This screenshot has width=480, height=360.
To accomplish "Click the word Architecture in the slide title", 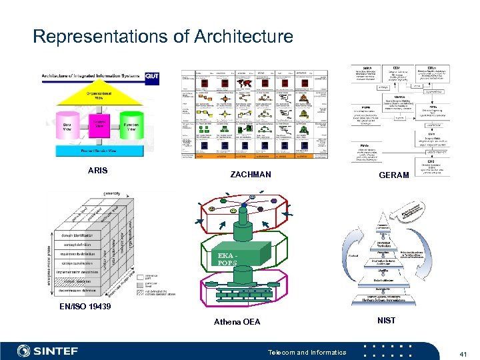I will (243, 36).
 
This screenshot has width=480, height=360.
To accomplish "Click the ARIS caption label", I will (97, 171).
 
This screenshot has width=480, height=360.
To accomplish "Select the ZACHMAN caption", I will (251, 175).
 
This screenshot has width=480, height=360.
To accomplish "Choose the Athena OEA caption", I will (237, 322).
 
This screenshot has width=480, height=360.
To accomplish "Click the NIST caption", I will (386, 321).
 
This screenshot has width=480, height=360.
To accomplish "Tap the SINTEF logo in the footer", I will (48, 351).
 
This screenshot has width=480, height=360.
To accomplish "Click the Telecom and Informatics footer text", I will (306, 352).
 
